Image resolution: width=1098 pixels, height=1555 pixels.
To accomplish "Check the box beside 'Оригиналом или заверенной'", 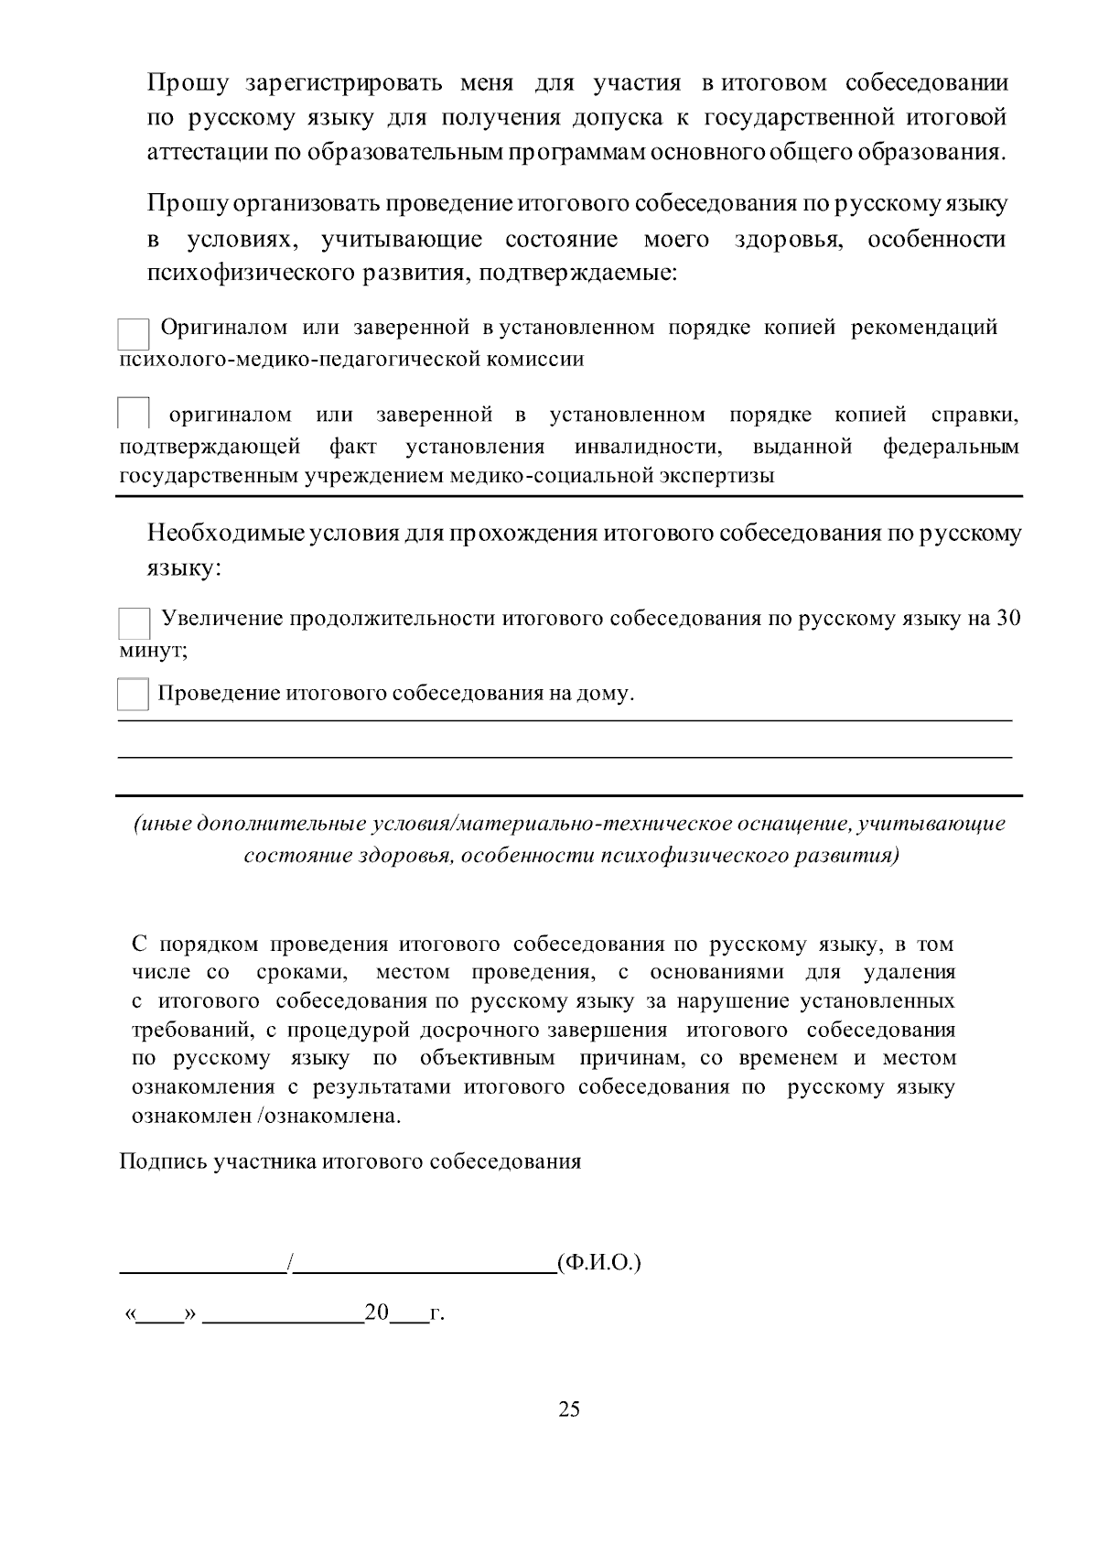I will [x=134, y=334].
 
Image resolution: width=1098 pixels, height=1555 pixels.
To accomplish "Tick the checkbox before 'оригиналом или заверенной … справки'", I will [x=134, y=414].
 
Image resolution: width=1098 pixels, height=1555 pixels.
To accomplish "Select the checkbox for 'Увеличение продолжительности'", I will [x=134, y=623].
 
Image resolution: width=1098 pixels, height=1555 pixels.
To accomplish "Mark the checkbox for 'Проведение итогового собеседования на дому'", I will [x=134, y=694].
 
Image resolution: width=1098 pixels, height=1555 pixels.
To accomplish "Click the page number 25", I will [x=568, y=1409].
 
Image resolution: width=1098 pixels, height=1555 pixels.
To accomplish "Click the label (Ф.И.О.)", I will [x=598, y=1263].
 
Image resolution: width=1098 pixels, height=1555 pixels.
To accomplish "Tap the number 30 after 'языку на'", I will [x=1007, y=618].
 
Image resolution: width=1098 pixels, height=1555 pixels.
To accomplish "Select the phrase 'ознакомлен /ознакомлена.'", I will [x=267, y=1116].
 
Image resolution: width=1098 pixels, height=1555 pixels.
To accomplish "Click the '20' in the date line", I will [x=376, y=1312].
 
